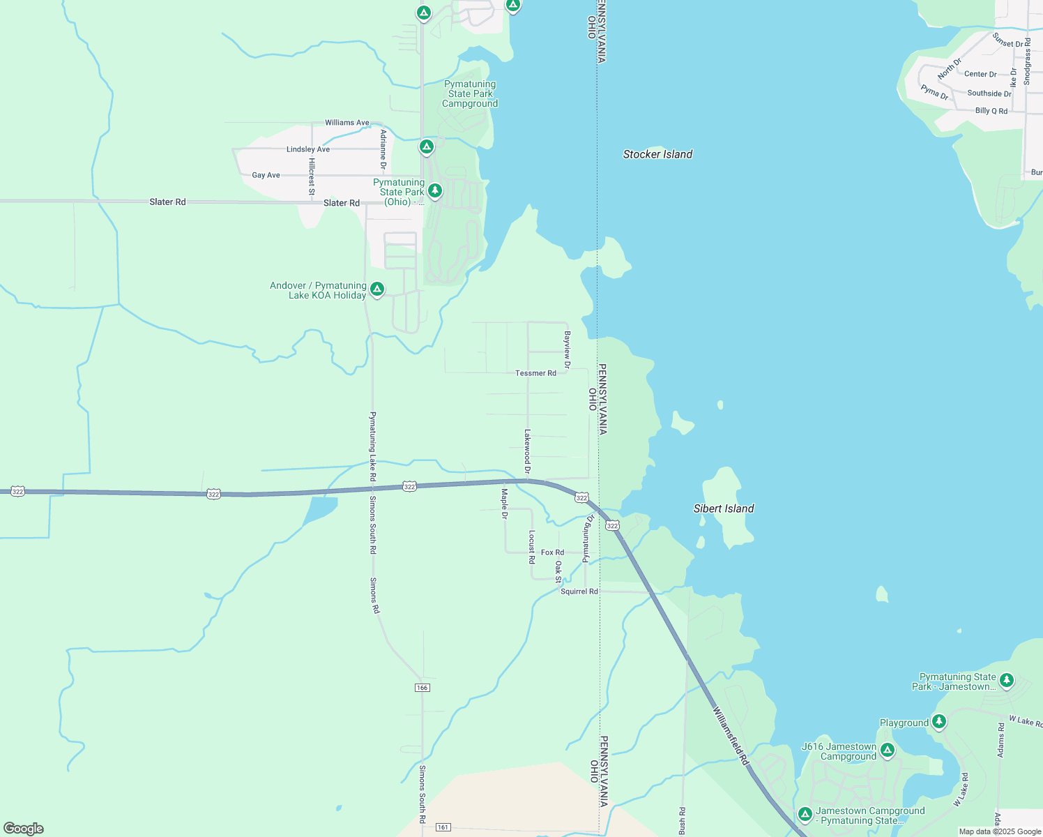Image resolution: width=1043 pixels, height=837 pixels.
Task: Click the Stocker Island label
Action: [x=657, y=154]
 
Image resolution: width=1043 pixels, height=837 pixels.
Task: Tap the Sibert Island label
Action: [x=724, y=508]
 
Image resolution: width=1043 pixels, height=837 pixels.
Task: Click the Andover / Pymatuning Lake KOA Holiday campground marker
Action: [x=377, y=289]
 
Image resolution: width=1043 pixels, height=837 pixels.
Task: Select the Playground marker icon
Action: [x=939, y=722]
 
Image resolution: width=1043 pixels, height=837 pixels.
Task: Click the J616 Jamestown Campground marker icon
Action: [x=888, y=751]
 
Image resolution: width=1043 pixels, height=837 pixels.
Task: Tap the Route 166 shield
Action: [x=422, y=688]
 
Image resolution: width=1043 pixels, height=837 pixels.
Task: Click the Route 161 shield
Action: [x=443, y=827]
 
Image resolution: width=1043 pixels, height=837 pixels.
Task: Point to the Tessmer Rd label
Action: [x=535, y=373]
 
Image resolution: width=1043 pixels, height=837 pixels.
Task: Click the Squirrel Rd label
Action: [x=579, y=591]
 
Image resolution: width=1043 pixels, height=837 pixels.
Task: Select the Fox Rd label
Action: [x=552, y=552]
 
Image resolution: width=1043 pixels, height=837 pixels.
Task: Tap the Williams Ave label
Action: [x=347, y=123]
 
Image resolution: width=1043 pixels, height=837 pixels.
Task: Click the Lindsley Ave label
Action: [x=308, y=149]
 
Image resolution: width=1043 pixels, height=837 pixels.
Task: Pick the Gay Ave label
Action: [x=266, y=175]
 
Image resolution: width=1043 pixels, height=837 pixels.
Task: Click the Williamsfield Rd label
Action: [x=730, y=737]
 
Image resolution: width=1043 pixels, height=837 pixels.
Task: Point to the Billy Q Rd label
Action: [x=991, y=111]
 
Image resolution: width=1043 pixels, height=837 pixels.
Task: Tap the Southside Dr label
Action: [x=989, y=93]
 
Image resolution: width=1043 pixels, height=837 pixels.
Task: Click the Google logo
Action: [x=24, y=829]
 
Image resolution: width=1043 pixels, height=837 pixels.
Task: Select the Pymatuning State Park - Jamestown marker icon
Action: [x=1006, y=680]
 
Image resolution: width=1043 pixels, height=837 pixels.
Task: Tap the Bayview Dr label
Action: [x=568, y=350]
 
